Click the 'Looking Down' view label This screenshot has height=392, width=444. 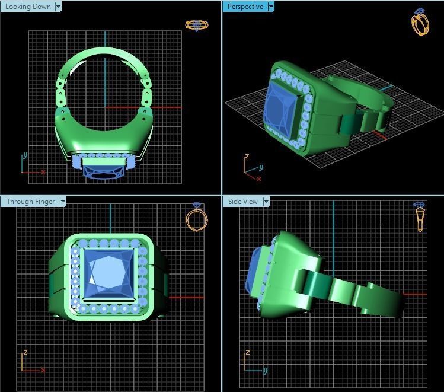pos(27,7)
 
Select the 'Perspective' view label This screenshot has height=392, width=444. pos(245,7)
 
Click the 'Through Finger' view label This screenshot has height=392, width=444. pos(30,202)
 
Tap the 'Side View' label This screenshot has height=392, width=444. pos(243,202)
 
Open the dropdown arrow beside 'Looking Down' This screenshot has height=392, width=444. pos(58,7)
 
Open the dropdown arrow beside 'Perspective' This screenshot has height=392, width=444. pos(271,7)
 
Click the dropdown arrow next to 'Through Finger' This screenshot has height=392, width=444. pos(62,202)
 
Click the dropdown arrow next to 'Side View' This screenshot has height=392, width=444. pos(266,202)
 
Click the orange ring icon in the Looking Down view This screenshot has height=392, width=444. pos(196,26)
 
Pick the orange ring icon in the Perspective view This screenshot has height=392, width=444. pos(420,23)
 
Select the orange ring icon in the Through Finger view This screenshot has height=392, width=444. pos(197,218)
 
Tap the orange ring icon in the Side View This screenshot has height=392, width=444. pos(420,217)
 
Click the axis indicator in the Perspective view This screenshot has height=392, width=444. pos(251,165)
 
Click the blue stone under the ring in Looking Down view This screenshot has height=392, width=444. pos(105,172)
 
